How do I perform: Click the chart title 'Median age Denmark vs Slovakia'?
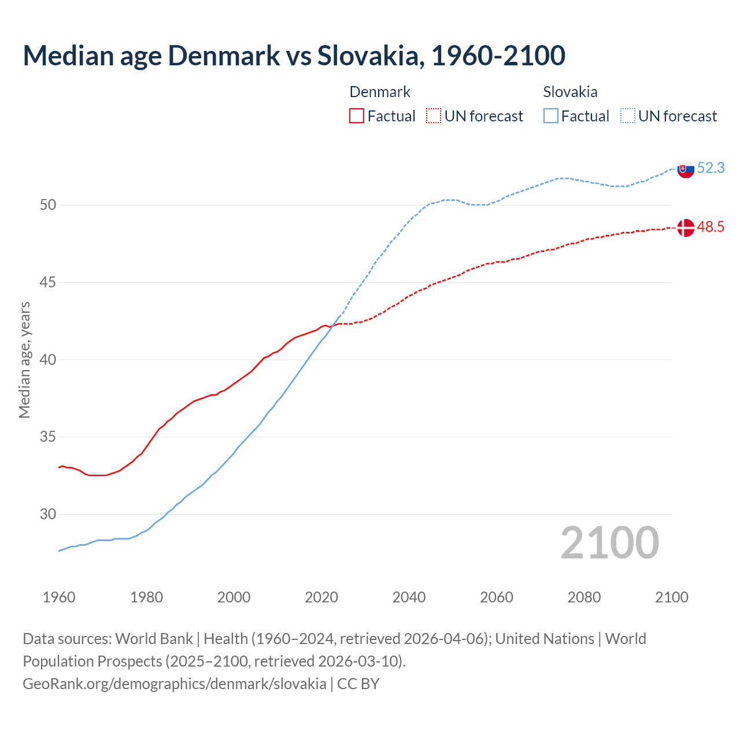(294, 55)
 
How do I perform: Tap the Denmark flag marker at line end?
(686, 228)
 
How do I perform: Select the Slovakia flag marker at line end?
(686, 169)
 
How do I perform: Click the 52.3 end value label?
(711, 168)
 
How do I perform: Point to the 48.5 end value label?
(711, 227)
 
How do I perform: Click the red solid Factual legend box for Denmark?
(357, 116)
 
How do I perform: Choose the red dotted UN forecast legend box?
(434, 116)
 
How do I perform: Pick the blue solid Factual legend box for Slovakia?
(551, 116)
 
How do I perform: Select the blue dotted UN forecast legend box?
(628, 116)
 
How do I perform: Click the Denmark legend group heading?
(380, 92)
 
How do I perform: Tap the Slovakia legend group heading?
(570, 92)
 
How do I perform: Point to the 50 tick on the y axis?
(47, 205)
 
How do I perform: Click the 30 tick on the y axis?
(47, 515)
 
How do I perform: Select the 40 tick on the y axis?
(47, 360)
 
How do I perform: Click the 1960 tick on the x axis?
(59, 597)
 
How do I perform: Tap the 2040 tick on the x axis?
(409, 597)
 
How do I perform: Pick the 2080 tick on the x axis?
(584, 597)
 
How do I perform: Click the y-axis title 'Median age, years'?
(25, 360)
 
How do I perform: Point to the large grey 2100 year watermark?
(609, 543)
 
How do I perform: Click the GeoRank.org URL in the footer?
(174, 684)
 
